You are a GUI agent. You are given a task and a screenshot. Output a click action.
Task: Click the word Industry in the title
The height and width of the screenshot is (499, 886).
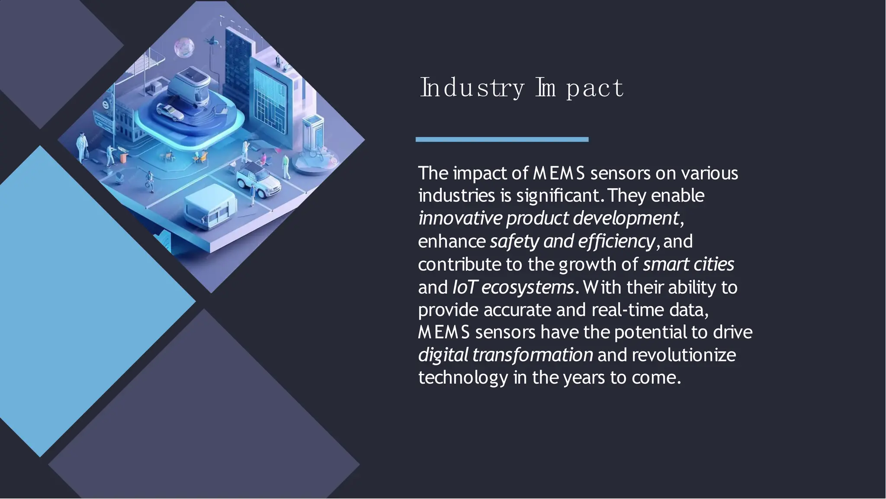pos(472,88)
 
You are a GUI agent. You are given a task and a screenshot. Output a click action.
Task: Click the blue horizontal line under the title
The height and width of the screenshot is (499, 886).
pos(502,139)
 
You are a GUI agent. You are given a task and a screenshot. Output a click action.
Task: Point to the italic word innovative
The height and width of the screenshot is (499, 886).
pos(460,218)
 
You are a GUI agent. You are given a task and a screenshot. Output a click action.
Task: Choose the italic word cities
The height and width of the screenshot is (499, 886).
pos(717,264)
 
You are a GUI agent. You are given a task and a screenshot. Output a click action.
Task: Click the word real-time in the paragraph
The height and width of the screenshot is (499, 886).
pos(627,310)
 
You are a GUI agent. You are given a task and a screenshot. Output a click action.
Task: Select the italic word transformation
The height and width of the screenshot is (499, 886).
pos(533,355)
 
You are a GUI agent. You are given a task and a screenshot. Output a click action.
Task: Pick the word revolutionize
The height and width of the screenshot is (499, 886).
pos(684,355)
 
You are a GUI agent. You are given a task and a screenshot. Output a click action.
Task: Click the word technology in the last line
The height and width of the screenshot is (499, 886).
pos(463,377)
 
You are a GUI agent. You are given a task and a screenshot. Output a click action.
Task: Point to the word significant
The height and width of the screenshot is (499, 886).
pos(558,196)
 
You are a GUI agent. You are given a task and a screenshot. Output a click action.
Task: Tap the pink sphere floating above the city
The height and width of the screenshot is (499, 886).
pos(184,47)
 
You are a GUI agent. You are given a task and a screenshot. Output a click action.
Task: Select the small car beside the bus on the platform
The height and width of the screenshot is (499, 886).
pos(170,113)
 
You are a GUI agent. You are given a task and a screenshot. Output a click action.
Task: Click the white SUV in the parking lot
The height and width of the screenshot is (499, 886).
pos(259,178)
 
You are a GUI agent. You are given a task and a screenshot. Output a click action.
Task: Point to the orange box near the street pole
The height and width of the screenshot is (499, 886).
pos(123,158)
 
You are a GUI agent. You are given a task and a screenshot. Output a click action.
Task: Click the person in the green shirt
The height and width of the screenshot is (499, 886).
pos(286,166)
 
